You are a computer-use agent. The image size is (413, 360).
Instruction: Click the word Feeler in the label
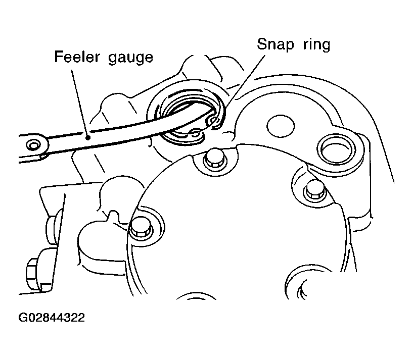[x=77, y=57]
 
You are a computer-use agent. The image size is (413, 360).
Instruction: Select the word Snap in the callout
[x=275, y=44]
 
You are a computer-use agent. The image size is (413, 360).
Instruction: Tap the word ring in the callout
[x=316, y=44]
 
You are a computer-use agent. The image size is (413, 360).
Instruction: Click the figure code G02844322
[x=52, y=318]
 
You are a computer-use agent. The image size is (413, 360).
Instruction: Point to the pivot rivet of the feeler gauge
[x=33, y=145]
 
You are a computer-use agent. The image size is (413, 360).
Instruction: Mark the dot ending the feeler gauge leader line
[x=88, y=137]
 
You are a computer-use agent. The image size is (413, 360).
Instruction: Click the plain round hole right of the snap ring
[x=281, y=126]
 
